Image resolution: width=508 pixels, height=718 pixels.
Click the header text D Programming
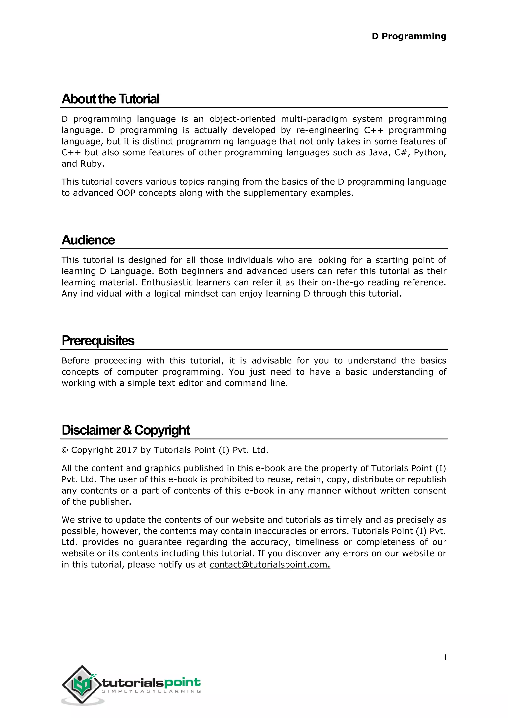coord(409,36)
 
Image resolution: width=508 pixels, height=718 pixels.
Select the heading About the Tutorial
coord(110,99)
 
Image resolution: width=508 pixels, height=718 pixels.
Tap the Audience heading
coord(88,240)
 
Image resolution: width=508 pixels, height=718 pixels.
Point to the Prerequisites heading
coord(98,341)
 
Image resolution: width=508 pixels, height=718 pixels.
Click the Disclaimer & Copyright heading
coord(126,430)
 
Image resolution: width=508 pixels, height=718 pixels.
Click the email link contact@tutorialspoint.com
coord(270,565)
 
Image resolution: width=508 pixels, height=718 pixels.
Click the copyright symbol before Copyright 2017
coord(65,450)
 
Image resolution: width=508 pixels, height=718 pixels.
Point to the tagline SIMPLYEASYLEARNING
coord(151,691)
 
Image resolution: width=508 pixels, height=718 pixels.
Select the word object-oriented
coord(242,119)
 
